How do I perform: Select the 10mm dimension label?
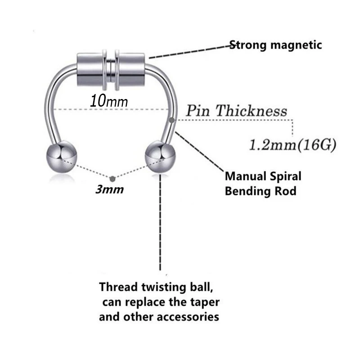click(x=109, y=100)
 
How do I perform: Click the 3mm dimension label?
click(x=109, y=189)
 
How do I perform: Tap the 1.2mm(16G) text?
click(x=292, y=145)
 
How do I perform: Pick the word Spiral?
click(x=286, y=176)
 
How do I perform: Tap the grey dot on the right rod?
click(x=173, y=120)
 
